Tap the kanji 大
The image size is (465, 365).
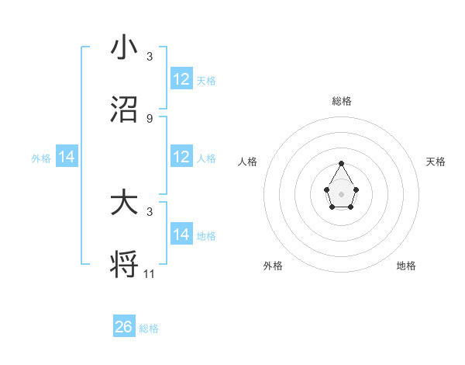[x=124, y=203]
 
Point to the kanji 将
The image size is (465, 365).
[x=124, y=265]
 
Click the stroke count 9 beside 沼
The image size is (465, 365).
[x=150, y=119]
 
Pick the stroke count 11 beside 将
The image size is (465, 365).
[x=150, y=273]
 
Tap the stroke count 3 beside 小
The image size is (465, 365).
[x=150, y=57]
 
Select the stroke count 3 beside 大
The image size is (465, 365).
[x=150, y=211]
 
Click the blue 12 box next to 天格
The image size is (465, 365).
[x=181, y=79]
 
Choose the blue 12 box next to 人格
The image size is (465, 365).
[x=181, y=158]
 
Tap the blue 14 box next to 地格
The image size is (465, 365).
[x=181, y=235]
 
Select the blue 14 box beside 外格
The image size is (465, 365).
[x=67, y=158]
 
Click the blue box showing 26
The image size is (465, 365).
[x=124, y=327]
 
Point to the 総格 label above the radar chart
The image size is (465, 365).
[x=342, y=101]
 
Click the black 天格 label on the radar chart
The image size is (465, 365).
[x=436, y=162]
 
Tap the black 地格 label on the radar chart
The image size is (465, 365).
[x=406, y=266]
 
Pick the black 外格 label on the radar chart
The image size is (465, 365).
[x=273, y=266]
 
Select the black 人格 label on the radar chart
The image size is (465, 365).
[x=248, y=162]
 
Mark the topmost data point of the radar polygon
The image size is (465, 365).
[x=341, y=163]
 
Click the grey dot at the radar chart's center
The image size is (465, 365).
[x=341, y=193]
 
